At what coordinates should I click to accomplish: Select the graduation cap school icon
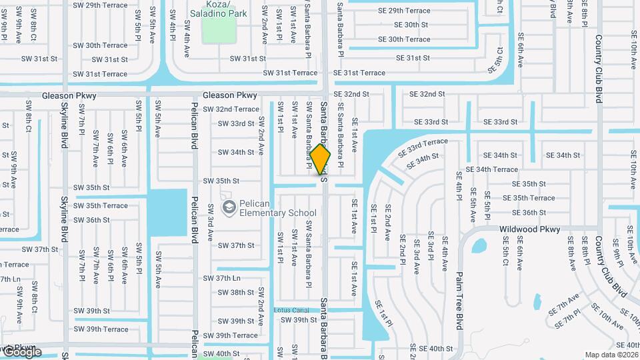coord(229,208)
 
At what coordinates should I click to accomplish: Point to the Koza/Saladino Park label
coord(218,9)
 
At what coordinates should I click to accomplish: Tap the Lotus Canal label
coord(291,310)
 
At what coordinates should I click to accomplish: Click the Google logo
coord(21,351)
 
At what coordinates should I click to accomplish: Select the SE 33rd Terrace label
coord(423,146)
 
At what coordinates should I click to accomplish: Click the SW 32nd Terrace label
coord(231,109)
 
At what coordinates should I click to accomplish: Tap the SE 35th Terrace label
coord(528,198)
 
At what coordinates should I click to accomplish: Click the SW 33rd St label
coord(236,123)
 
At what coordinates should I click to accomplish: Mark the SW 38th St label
coord(236,292)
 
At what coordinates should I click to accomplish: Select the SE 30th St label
coord(411,25)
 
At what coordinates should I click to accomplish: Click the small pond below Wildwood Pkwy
coord(479,246)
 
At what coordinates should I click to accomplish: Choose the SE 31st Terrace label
coord(359,73)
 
